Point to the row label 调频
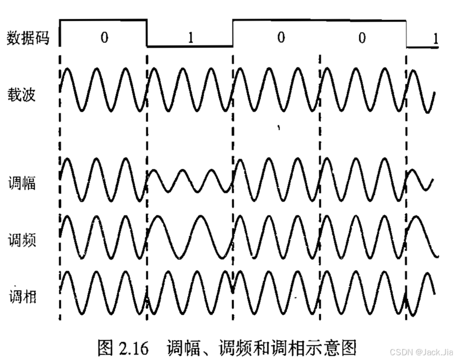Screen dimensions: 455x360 [x=22, y=241]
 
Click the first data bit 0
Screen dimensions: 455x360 [x=104, y=38]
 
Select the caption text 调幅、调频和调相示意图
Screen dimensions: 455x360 [x=261, y=347]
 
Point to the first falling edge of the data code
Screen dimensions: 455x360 [x=147, y=33]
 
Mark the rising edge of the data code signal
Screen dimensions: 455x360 [x=232, y=33]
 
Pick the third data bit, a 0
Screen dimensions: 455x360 [x=281, y=38]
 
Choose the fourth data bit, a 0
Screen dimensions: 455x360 [x=362, y=38]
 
